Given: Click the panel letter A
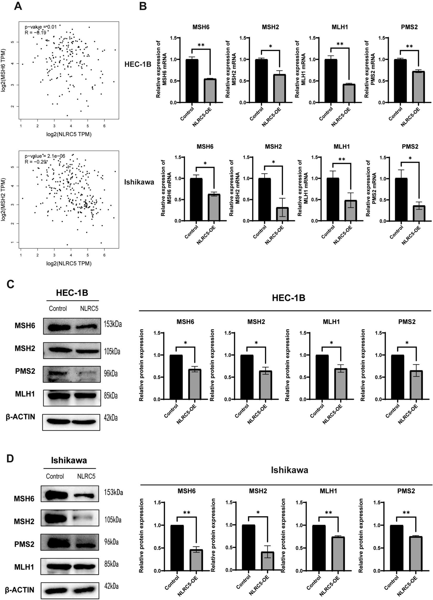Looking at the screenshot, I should pos(18,6).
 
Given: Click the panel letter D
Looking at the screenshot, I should pos(10,458).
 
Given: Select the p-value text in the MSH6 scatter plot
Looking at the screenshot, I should pos(40,27).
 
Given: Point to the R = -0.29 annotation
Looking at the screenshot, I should pos(36,162).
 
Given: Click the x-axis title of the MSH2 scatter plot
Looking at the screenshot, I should pos(69,264).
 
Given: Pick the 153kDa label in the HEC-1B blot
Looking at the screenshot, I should pos(113,324).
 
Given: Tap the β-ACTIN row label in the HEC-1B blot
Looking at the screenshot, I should pos(20,417).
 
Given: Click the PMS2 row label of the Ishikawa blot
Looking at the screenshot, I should pos(24,544).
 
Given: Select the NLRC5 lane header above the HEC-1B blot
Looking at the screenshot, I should pos(89,308).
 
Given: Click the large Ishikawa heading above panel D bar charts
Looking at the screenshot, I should pos(289,470).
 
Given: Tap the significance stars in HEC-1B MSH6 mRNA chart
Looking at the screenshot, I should pos(201,45).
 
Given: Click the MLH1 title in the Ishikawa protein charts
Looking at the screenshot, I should pos(328,491).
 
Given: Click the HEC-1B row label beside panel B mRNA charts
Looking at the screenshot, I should pos(138,64).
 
